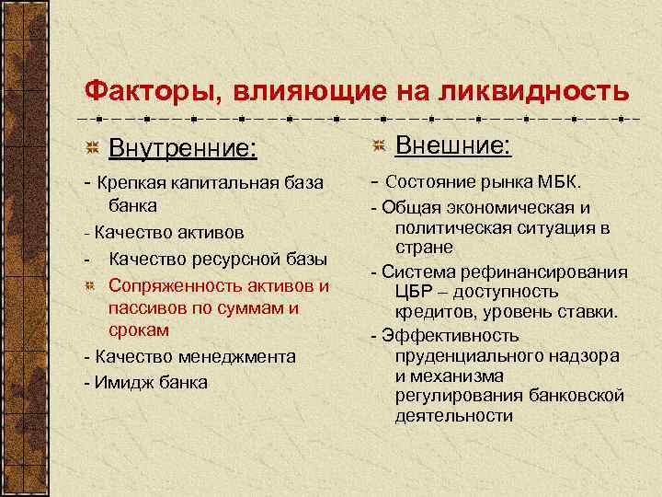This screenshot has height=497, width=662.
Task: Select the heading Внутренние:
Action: (x=182, y=147)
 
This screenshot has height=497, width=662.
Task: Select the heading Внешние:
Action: (x=453, y=145)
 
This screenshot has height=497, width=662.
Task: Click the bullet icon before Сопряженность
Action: (x=91, y=286)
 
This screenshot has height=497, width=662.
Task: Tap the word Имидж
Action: (x=117, y=382)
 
